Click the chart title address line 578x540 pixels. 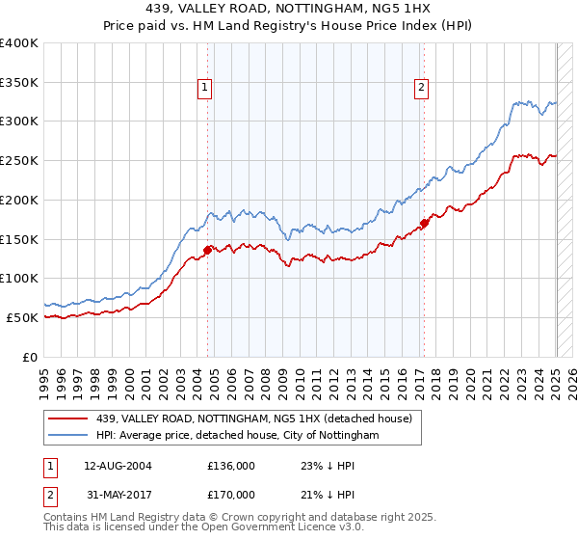pyautogui.click(x=288, y=8)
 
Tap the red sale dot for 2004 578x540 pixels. pyautogui.click(x=208, y=250)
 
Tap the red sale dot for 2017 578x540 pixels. pyautogui.click(x=425, y=224)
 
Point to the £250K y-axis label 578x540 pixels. pyautogui.click(x=19, y=160)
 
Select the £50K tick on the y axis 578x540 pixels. pyautogui.click(x=23, y=317)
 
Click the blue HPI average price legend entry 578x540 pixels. pyautogui.click(x=238, y=436)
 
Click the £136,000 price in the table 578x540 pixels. pyautogui.click(x=231, y=466)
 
